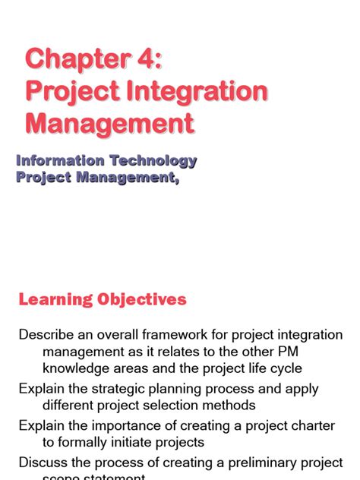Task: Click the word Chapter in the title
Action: coord(73,59)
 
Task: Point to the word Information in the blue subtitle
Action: coord(60,161)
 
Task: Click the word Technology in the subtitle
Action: coord(153,161)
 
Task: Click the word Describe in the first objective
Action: coord(45,335)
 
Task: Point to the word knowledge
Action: coord(76,368)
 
